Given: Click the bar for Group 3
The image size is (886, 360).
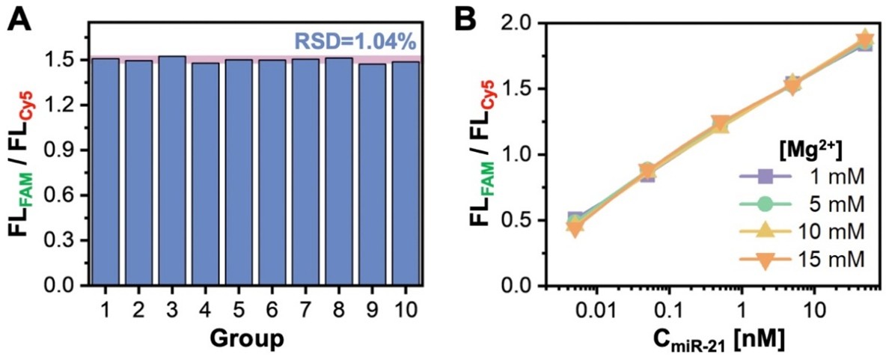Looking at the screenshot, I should (x=172, y=171).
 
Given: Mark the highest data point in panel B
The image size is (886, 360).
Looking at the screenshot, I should (x=865, y=40).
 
